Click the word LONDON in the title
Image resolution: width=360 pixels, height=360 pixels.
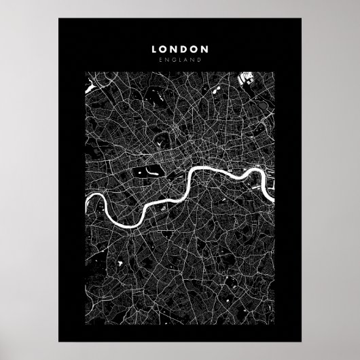coord(180,50)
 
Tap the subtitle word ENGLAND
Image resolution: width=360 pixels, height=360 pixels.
coord(180,60)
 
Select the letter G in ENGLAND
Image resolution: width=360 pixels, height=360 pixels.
coord(174,60)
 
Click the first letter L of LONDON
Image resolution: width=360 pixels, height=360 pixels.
coord(155,50)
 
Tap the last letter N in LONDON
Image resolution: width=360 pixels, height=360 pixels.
coord(204,50)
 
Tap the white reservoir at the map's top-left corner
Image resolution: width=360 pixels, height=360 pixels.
coord(89,88)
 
